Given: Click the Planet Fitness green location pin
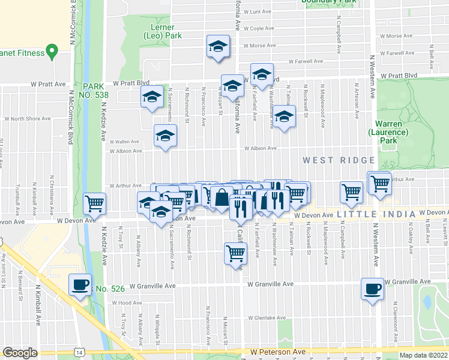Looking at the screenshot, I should click(x=52, y=52).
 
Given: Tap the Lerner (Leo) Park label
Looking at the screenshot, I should click(x=159, y=32).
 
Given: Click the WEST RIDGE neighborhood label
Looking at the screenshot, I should click(x=339, y=160).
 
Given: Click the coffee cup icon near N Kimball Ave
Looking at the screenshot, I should click(x=80, y=285).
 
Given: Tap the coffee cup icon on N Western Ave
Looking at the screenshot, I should click(x=373, y=290).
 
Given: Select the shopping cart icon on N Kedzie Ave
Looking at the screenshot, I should click(x=95, y=203).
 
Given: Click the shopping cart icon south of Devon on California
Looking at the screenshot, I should click(x=235, y=253).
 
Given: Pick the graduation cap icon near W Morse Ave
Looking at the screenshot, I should click(x=218, y=46).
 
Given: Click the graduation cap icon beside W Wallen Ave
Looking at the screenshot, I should click(x=165, y=136).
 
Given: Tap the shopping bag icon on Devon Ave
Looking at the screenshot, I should click(x=221, y=197).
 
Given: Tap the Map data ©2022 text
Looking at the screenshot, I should click(x=424, y=355).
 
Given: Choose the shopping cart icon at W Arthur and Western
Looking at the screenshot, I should click(x=379, y=182).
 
